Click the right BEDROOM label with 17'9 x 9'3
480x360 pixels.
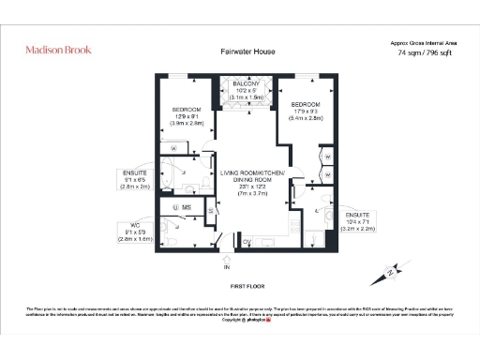(x=307, y=104)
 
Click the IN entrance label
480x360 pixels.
(x=225, y=267)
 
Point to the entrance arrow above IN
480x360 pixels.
(x=225, y=256)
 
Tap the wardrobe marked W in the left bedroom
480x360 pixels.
(x=174, y=148)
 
